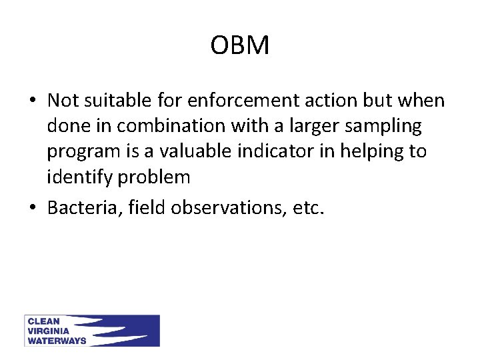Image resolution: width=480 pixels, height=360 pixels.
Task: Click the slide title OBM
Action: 240,46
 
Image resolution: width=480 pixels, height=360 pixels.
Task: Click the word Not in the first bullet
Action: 63,101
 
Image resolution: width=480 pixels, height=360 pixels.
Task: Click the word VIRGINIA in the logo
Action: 48,331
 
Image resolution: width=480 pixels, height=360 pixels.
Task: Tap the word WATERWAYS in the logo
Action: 57,341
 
